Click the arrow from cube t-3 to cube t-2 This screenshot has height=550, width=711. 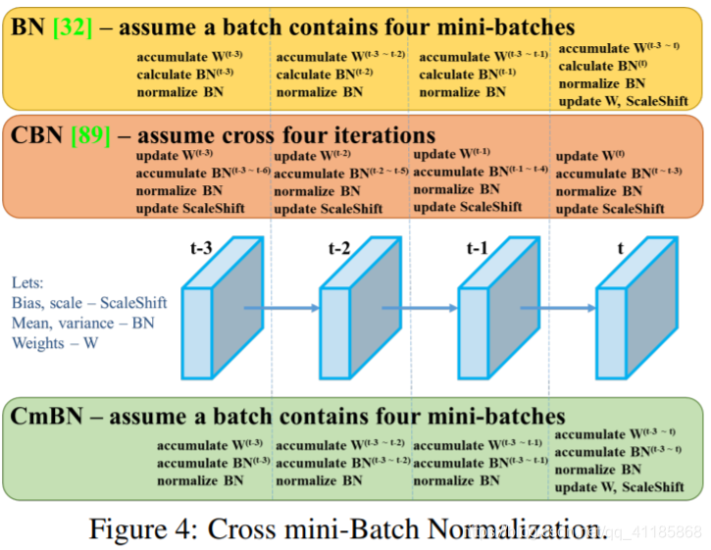[282, 308]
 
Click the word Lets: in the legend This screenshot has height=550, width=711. [29, 279]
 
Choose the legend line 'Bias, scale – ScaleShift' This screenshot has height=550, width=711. [87, 301]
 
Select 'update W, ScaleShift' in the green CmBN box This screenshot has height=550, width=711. [620, 487]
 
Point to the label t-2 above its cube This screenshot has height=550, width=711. [339, 247]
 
